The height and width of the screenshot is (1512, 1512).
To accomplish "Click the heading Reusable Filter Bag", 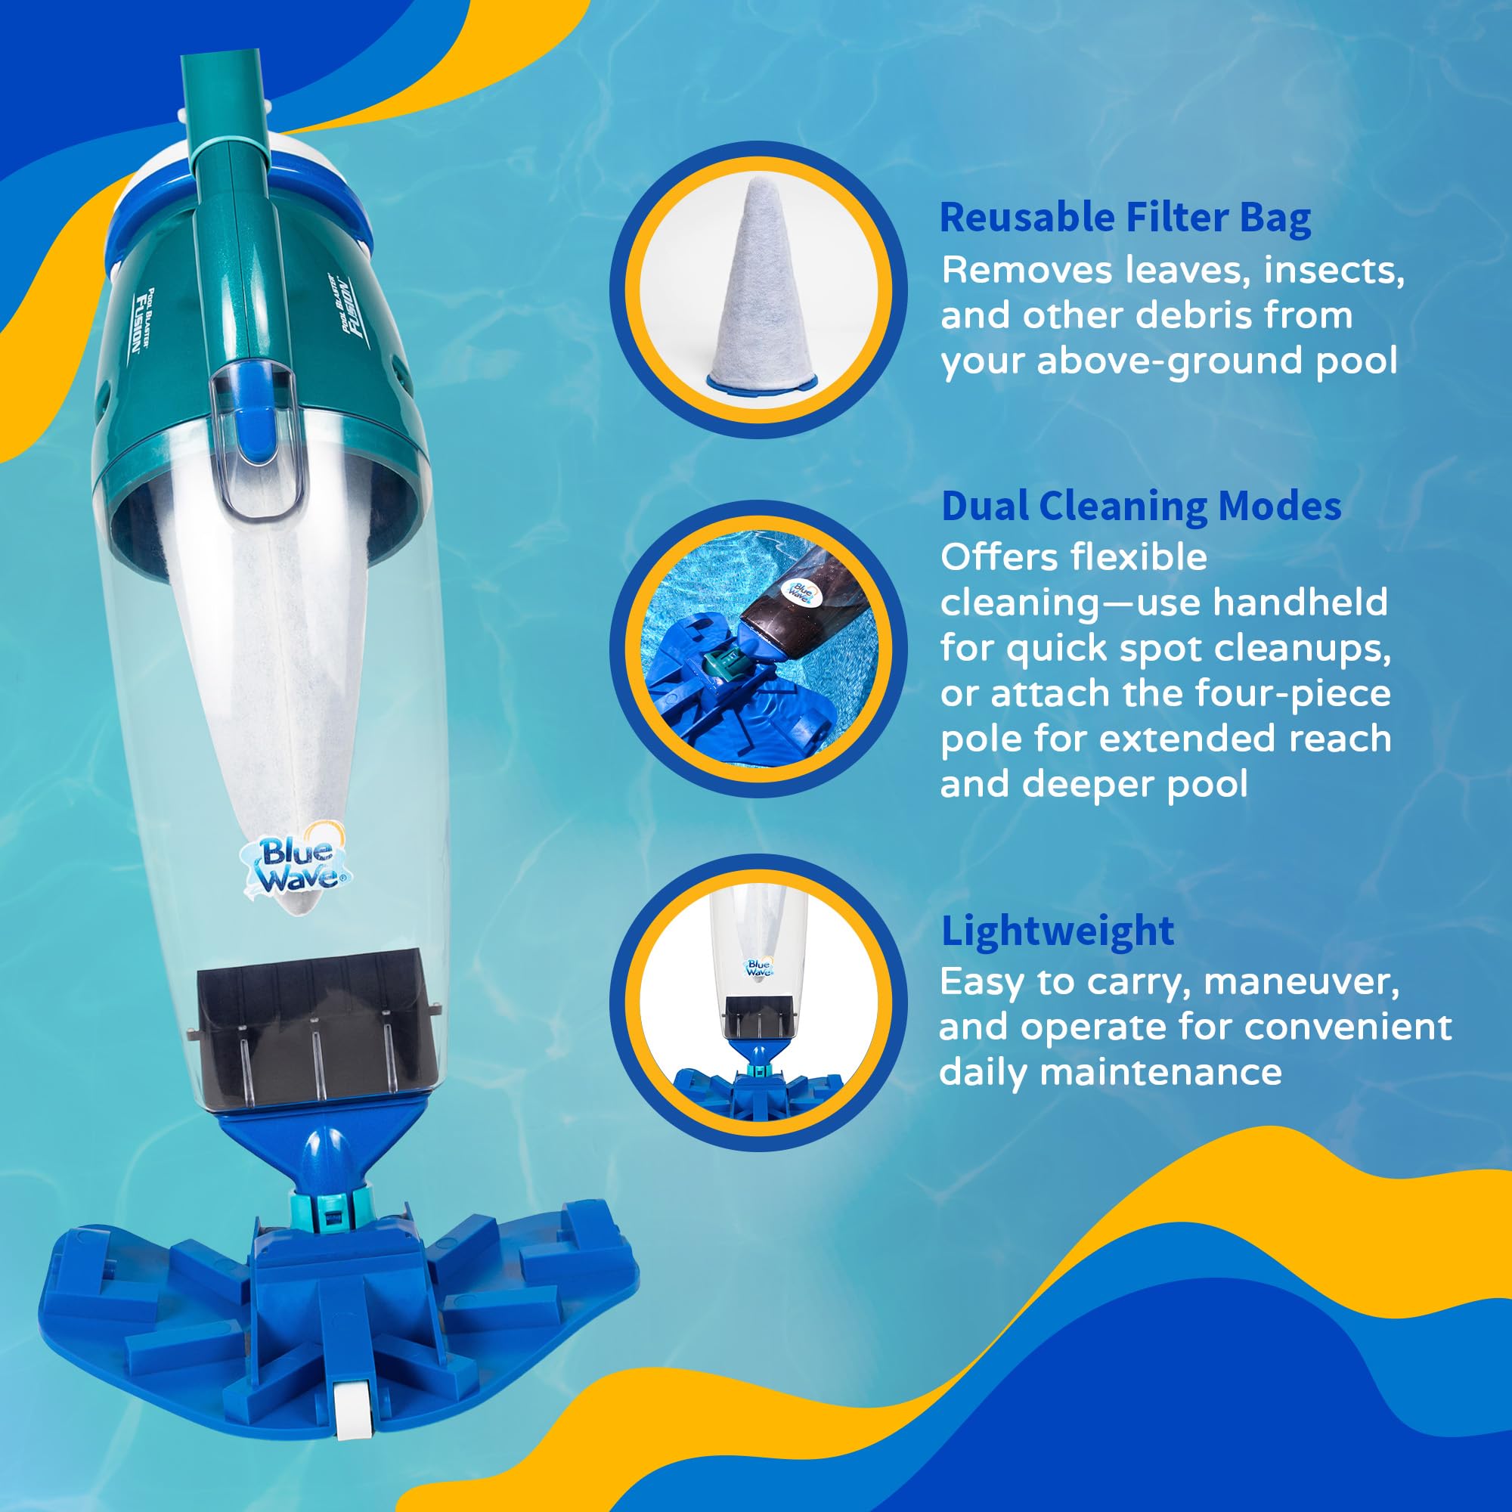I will pos(1125,218).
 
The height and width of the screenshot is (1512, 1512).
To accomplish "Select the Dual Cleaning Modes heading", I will pos(1141,507).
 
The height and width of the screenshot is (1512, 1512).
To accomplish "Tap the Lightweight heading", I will pos(1058,931).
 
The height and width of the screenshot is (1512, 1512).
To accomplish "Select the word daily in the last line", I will pos(984,1072).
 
